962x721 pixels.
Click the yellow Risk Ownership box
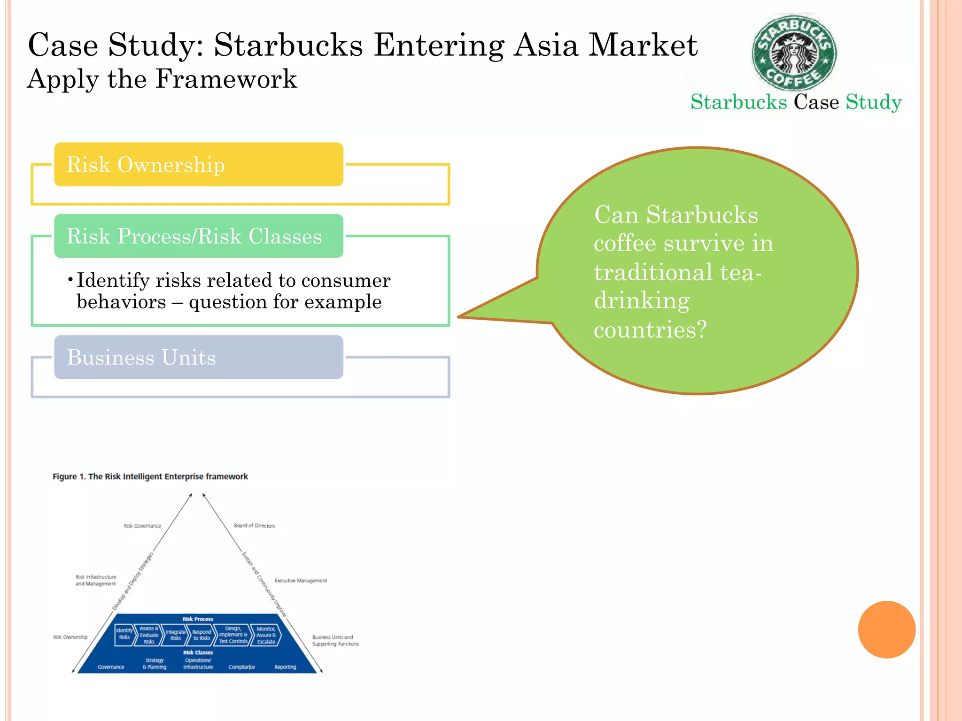pyautogui.click(x=198, y=164)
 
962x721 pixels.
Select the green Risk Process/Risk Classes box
pyautogui.click(x=198, y=236)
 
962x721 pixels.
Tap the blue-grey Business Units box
pyautogui.click(x=198, y=357)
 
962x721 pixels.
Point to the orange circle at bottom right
pyautogui.click(x=886, y=629)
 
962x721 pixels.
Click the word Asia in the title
pyautogui.click(x=545, y=46)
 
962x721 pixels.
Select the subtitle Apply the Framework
pyautogui.click(x=162, y=79)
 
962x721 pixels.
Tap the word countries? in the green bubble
pyautogui.click(x=650, y=330)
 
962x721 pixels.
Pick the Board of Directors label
pyautogui.click(x=254, y=526)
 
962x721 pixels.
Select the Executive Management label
pyautogui.click(x=301, y=581)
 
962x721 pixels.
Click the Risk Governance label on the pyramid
pyautogui.click(x=142, y=526)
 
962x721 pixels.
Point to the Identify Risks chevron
pyautogui.click(x=124, y=634)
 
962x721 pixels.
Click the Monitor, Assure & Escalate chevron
pyautogui.click(x=266, y=635)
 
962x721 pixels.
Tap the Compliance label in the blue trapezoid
pyautogui.click(x=241, y=667)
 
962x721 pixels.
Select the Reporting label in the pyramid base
pyautogui.click(x=285, y=667)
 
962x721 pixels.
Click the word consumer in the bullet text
pyautogui.click(x=346, y=280)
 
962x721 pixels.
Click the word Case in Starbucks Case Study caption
pyautogui.click(x=816, y=102)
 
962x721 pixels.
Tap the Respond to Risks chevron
pyautogui.click(x=202, y=635)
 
